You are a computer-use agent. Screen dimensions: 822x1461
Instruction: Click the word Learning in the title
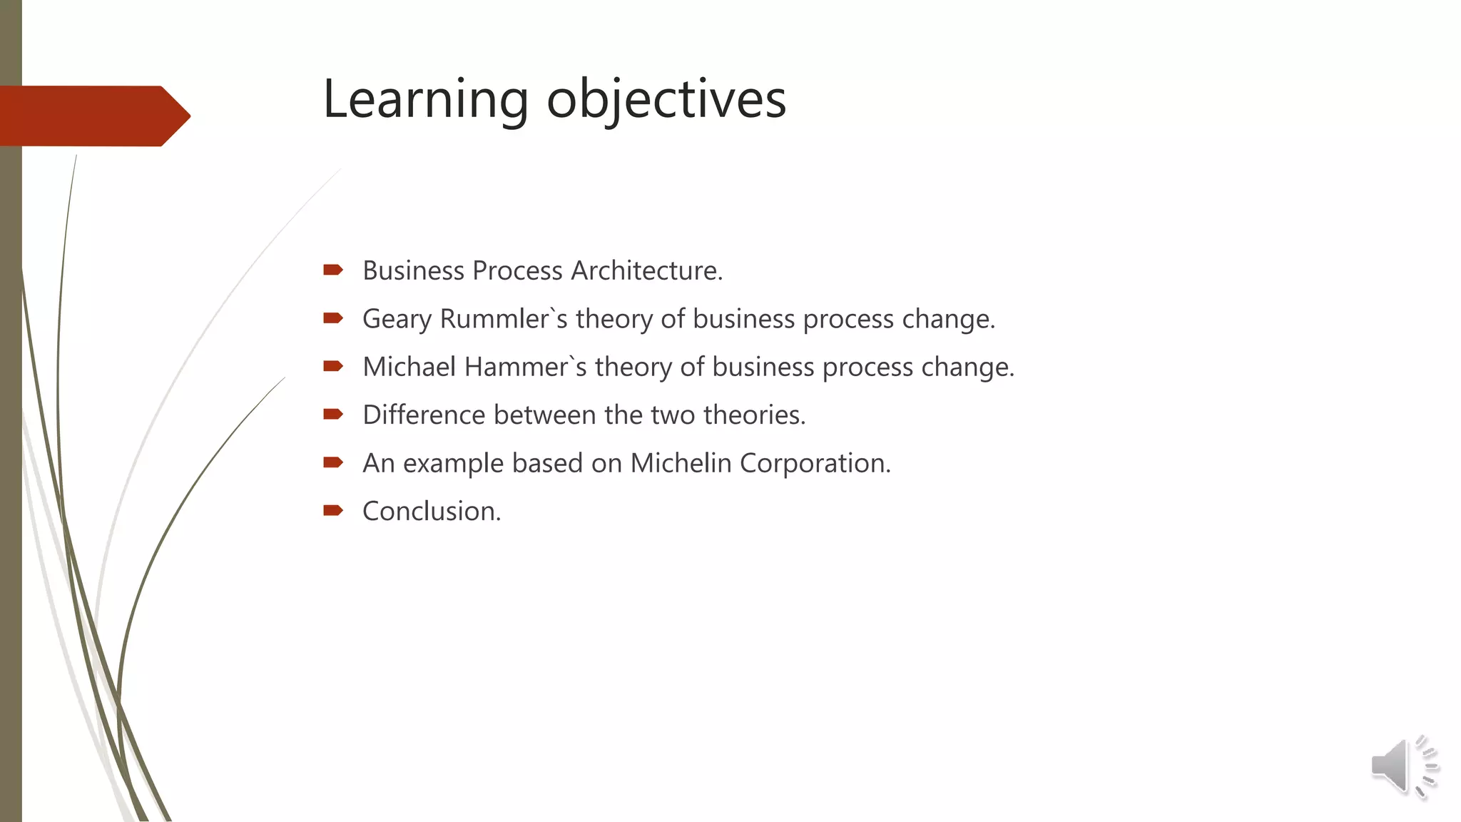click(x=425, y=99)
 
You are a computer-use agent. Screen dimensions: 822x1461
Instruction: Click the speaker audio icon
click(x=1403, y=767)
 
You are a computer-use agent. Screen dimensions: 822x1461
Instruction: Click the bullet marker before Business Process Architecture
click(x=333, y=270)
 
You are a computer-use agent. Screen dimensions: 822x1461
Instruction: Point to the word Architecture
click(x=646, y=271)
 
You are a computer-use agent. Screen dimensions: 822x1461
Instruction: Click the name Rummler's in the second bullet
click(x=504, y=319)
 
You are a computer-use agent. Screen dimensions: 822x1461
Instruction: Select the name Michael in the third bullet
click(x=409, y=367)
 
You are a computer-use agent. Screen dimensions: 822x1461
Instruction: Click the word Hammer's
click(x=525, y=367)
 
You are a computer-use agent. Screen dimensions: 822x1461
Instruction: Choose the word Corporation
click(x=815, y=463)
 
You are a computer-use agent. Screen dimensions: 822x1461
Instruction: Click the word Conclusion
click(x=432, y=512)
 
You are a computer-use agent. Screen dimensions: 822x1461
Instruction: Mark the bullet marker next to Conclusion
click(x=333, y=510)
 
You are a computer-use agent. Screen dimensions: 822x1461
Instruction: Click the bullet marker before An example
click(x=333, y=462)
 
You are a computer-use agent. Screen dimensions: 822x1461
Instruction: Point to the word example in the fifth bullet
click(x=453, y=464)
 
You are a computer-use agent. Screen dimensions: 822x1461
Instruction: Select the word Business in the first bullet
click(x=413, y=271)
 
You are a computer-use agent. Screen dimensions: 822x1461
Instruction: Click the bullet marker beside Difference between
click(x=333, y=414)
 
